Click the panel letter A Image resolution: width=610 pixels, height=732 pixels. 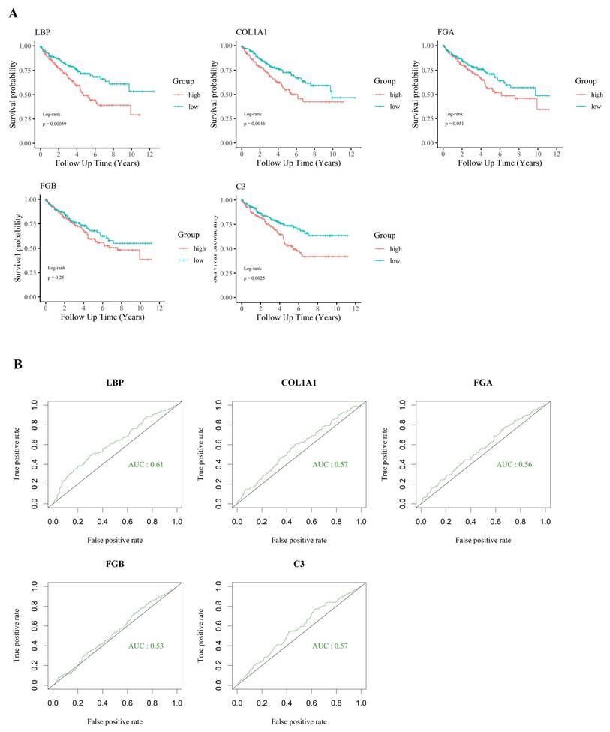pyautogui.click(x=15, y=12)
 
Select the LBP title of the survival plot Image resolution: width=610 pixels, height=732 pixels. pyautogui.click(x=42, y=31)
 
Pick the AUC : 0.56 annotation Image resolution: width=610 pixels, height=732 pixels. pyautogui.click(x=512, y=465)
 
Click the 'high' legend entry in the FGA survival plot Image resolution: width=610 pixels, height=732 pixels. pyautogui.click(x=596, y=94)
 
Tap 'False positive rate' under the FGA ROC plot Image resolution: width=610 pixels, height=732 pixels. pyautogui.click(x=483, y=539)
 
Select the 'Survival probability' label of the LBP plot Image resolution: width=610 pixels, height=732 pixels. pyautogui.click(x=14, y=94)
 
